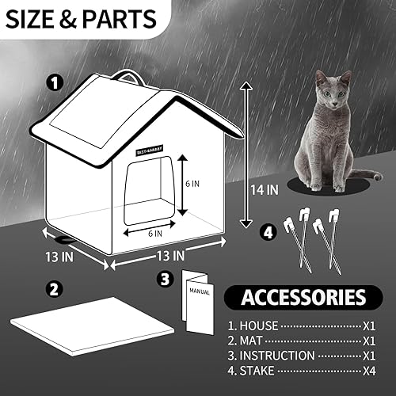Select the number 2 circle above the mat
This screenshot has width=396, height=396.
[x=54, y=289]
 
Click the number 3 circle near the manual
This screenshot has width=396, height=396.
[x=165, y=279]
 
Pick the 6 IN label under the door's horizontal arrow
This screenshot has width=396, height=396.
[x=155, y=233]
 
